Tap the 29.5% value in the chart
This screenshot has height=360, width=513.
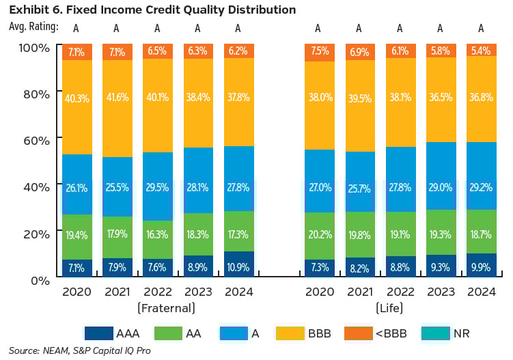pyautogui.click(x=156, y=188)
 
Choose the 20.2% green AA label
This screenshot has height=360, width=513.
pyautogui.click(x=318, y=235)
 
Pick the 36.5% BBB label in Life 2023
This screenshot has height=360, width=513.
pyautogui.click(x=440, y=98)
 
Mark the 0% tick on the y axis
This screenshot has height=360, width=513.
pyautogui.click(x=40, y=279)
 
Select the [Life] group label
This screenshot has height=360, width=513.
pyautogui.click(x=399, y=308)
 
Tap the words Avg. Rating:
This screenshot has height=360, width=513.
pyautogui.click(x=33, y=27)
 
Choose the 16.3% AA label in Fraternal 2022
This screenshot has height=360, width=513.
pyautogui.click(x=156, y=235)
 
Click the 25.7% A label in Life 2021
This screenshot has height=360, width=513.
pyautogui.click(x=359, y=188)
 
